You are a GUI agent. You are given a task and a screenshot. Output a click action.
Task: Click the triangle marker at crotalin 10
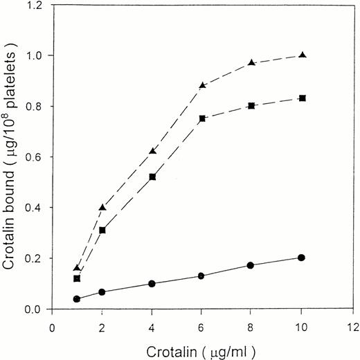(x=302, y=55)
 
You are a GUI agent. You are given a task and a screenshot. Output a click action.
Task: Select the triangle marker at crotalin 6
(x=202, y=85)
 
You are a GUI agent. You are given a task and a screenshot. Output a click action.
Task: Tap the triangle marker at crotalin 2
(x=102, y=207)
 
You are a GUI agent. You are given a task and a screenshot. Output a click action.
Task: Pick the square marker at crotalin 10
(x=302, y=98)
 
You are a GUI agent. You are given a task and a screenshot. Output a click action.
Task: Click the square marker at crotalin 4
(x=152, y=177)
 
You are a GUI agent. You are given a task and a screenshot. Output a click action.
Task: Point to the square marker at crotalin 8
(x=252, y=106)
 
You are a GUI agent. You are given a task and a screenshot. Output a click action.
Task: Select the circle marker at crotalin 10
(x=302, y=258)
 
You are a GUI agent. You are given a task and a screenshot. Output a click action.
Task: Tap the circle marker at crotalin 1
(x=77, y=299)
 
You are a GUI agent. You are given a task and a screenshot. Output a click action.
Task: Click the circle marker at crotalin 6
(x=202, y=276)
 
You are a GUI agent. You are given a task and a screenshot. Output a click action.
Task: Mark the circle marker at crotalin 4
(x=152, y=283)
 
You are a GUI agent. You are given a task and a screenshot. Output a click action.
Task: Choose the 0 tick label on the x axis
(x=52, y=322)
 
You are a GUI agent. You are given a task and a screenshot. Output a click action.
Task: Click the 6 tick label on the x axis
(x=202, y=322)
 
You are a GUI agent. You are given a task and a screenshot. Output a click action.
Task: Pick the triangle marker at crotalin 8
(x=252, y=62)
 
